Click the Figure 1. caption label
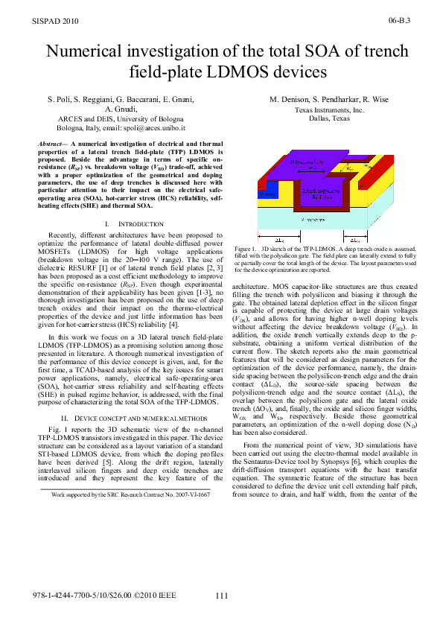[x=245, y=249]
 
